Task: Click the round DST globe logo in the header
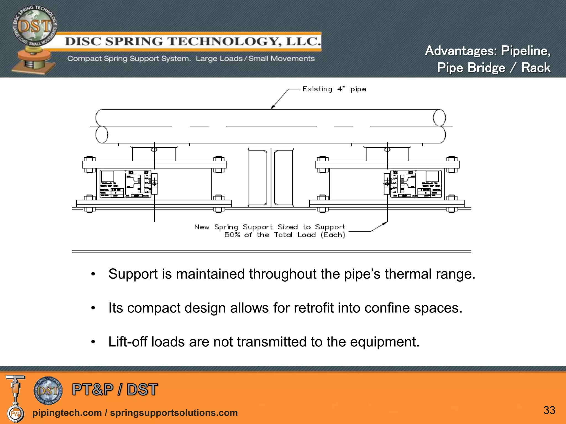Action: [x=35, y=28]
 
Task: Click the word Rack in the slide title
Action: [x=536, y=68]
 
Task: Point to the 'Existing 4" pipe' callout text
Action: [x=334, y=89]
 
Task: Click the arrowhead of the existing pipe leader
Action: [x=272, y=107]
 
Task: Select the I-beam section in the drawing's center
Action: [x=271, y=177]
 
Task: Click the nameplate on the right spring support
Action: [x=416, y=184]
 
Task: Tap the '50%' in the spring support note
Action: [x=232, y=235]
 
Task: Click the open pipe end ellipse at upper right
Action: [x=439, y=118]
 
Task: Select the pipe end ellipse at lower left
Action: [x=102, y=135]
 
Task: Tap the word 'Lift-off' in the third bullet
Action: [x=127, y=342]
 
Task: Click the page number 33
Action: [x=549, y=410]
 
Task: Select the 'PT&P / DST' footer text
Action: [x=115, y=390]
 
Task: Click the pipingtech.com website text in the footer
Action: [x=67, y=413]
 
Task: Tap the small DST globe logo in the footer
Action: [x=48, y=390]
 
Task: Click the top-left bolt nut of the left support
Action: [x=89, y=160]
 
